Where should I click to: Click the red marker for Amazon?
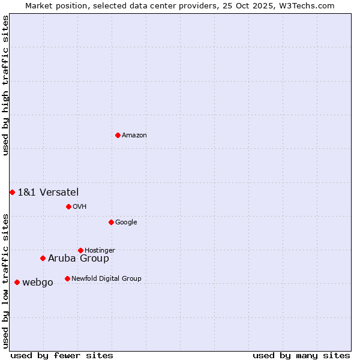118,135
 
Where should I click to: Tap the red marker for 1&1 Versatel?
12,192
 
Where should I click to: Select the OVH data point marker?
68,206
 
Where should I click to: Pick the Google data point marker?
111,222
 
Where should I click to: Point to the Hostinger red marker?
80,250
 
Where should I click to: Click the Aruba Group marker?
43,258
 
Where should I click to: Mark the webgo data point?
17,282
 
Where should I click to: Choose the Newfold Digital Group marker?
67,278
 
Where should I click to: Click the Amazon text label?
134,136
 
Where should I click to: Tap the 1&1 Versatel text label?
48,192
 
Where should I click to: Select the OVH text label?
80,207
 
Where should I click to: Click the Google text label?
126,223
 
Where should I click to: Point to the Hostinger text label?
100,251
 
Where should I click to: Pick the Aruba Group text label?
79,259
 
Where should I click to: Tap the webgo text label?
38,283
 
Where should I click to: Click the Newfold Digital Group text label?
106,279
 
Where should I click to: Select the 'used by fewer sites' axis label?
62,355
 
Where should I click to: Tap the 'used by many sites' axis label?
301,355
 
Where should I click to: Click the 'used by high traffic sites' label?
5,85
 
